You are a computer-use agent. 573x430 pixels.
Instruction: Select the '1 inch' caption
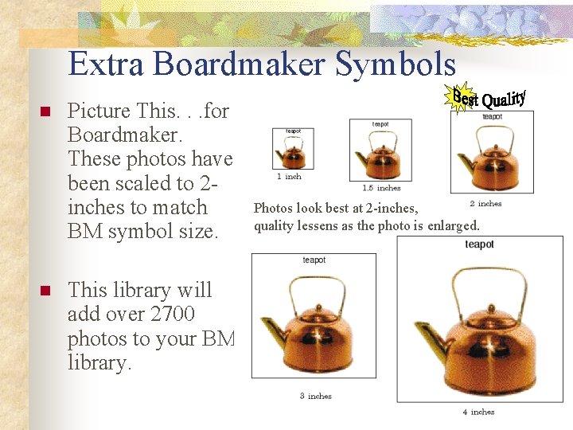point(289,176)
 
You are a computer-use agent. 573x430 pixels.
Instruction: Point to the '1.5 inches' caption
point(381,188)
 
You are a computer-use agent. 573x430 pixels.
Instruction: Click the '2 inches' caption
point(485,204)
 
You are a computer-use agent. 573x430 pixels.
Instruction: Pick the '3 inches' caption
point(315,396)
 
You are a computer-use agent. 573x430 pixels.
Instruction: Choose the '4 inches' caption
point(478,412)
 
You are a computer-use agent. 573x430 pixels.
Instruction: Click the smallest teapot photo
point(292,152)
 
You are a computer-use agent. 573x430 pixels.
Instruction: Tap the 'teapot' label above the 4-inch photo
point(479,244)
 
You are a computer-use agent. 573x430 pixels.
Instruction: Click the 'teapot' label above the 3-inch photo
point(314,260)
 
